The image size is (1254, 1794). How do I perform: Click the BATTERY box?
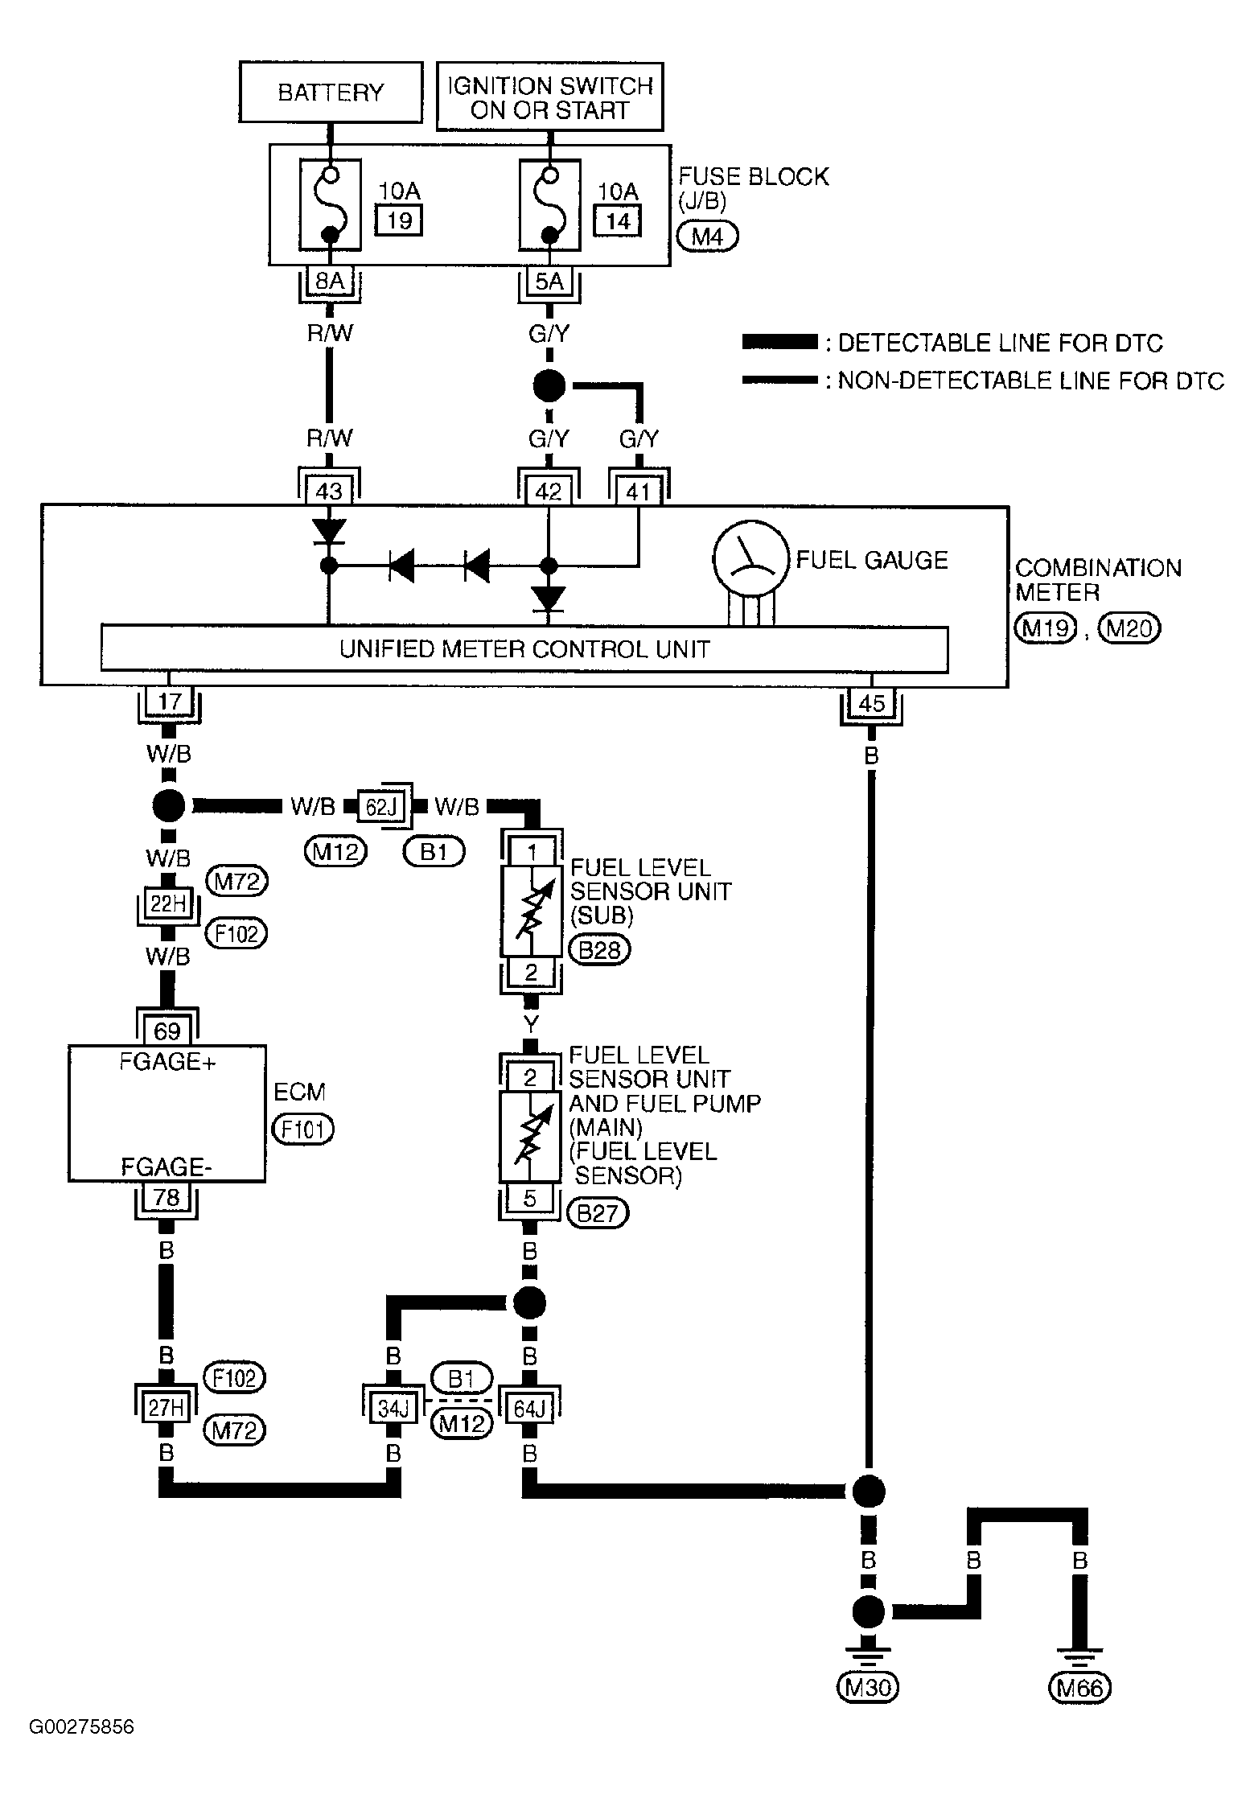click(331, 93)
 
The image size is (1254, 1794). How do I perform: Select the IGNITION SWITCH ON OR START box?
click(550, 97)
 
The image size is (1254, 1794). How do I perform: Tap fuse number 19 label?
click(399, 220)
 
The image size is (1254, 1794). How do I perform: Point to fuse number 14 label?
click(618, 220)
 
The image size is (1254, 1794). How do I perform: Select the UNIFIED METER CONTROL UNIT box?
click(524, 649)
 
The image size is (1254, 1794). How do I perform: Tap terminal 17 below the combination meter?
click(169, 702)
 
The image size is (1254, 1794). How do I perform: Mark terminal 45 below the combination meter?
click(872, 703)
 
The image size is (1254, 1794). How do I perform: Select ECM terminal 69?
click(167, 1030)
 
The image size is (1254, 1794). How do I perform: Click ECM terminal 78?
click(167, 1198)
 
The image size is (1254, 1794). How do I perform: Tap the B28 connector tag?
click(600, 950)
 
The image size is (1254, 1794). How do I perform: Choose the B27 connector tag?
click(598, 1213)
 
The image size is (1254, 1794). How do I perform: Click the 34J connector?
click(393, 1408)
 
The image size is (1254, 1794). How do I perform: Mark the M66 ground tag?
click(1079, 1687)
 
